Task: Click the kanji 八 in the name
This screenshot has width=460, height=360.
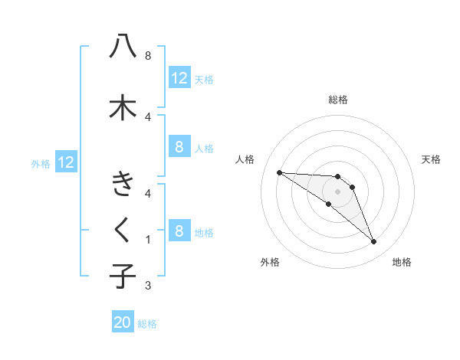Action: tap(123, 47)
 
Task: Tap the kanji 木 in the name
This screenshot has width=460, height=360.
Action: tap(123, 107)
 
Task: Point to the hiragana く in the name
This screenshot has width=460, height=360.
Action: tap(123, 229)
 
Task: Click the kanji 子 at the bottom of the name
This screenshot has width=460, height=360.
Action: tap(123, 276)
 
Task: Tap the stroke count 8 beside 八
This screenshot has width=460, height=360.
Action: tap(147, 56)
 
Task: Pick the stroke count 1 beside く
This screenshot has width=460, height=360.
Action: tap(147, 240)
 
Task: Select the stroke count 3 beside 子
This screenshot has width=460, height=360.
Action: tap(147, 286)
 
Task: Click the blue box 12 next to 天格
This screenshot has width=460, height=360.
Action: tap(179, 78)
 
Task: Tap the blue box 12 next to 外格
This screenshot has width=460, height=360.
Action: tap(66, 162)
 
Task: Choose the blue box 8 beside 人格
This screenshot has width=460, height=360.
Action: tap(179, 147)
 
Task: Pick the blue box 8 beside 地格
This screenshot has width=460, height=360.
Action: tap(179, 231)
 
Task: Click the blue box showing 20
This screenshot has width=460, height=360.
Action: tap(123, 323)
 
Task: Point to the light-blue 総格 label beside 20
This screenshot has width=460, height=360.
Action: tap(147, 324)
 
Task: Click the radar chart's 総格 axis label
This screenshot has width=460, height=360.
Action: tap(338, 100)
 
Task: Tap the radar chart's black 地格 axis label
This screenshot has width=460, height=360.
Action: tap(402, 262)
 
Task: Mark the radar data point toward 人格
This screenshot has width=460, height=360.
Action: tap(279, 172)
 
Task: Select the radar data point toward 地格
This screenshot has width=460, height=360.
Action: tap(373, 242)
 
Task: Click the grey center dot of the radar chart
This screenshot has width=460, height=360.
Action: tap(337, 191)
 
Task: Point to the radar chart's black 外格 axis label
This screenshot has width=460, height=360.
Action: tap(270, 262)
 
